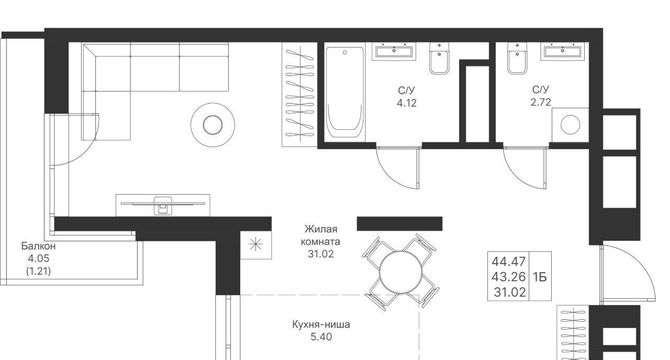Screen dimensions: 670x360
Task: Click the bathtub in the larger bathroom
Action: pyautogui.click(x=344, y=92)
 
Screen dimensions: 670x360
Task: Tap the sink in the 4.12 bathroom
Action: pyautogui.click(x=394, y=51)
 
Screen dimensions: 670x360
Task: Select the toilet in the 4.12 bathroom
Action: pyautogui.click(x=439, y=58)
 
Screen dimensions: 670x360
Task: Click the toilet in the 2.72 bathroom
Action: pyautogui.click(x=517, y=58)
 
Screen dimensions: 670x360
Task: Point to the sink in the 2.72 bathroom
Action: pyautogui.click(x=563, y=51)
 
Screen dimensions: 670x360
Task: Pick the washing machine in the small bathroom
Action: pyautogui.click(x=570, y=125)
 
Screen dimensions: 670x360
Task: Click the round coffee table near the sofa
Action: pyautogui.click(x=213, y=125)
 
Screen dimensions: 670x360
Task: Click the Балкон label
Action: pyautogui.click(x=38, y=246)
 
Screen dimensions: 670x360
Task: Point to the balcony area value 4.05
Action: pyautogui.click(x=38, y=258)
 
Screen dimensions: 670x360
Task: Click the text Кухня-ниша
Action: pyautogui.click(x=321, y=324)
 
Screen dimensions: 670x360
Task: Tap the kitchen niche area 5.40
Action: pyautogui.click(x=321, y=337)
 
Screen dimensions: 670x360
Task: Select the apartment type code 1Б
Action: pyautogui.click(x=540, y=277)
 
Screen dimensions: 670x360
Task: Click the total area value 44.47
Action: pyautogui.click(x=508, y=262)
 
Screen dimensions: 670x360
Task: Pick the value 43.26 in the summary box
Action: pyautogui.click(x=508, y=277)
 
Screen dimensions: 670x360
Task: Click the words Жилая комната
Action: pyautogui.click(x=321, y=235)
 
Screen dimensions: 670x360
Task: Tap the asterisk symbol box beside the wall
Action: pyautogui.click(x=256, y=245)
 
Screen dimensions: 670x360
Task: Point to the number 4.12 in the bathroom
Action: pyautogui.click(x=407, y=103)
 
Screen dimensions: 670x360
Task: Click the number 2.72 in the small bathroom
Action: pyautogui.click(x=541, y=103)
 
